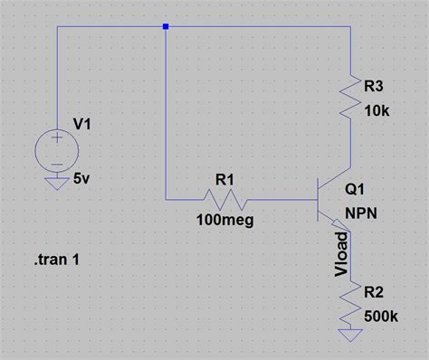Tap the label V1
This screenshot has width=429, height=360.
[x=83, y=127]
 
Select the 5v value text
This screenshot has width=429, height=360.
[x=82, y=179]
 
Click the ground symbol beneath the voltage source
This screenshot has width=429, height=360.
[x=56, y=184]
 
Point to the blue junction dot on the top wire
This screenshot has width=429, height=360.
[x=165, y=26]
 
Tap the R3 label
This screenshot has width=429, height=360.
[x=374, y=87]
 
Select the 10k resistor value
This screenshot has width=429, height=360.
[x=375, y=113]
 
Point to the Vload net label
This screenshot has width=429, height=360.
[x=341, y=257]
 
